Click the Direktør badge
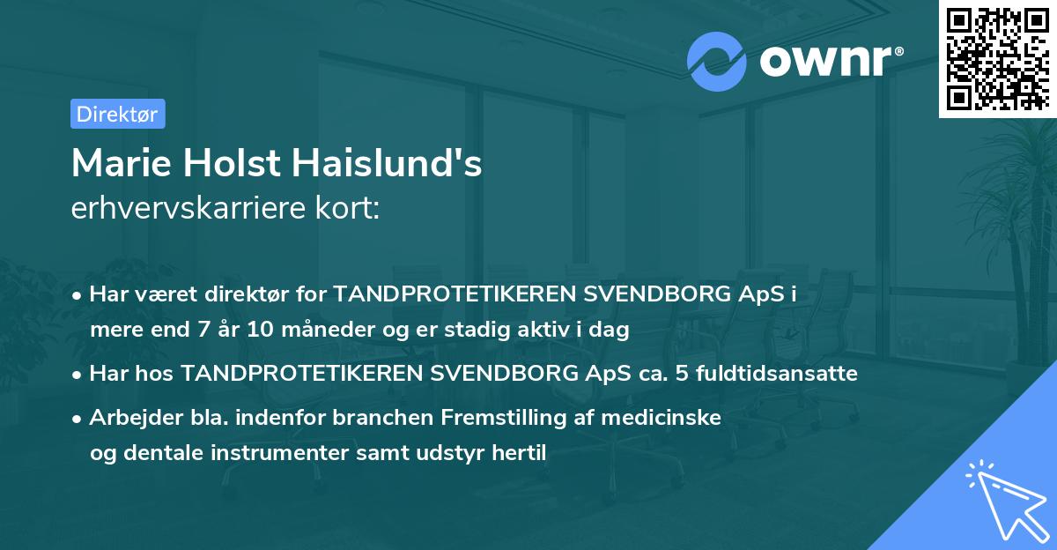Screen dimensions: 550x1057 (117, 114)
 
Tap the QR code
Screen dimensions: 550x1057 (996, 59)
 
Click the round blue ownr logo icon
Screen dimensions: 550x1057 (717, 60)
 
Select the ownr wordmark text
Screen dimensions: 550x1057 (828, 60)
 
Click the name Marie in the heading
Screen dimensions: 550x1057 (120, 164)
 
